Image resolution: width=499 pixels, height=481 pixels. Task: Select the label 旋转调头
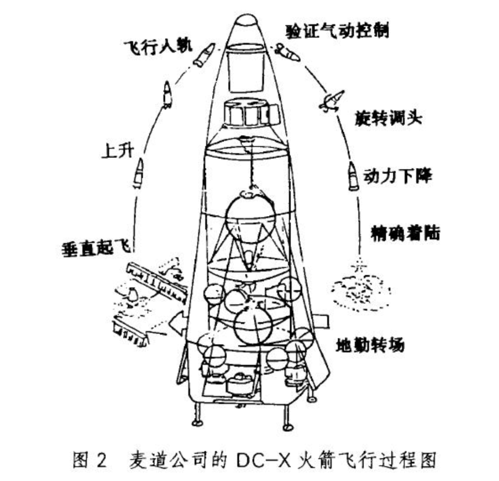(x=389, y=118)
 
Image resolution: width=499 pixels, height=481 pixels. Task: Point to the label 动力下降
(x=398, y=176)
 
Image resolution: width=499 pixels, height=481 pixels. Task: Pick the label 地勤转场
(x=370, y=344)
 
